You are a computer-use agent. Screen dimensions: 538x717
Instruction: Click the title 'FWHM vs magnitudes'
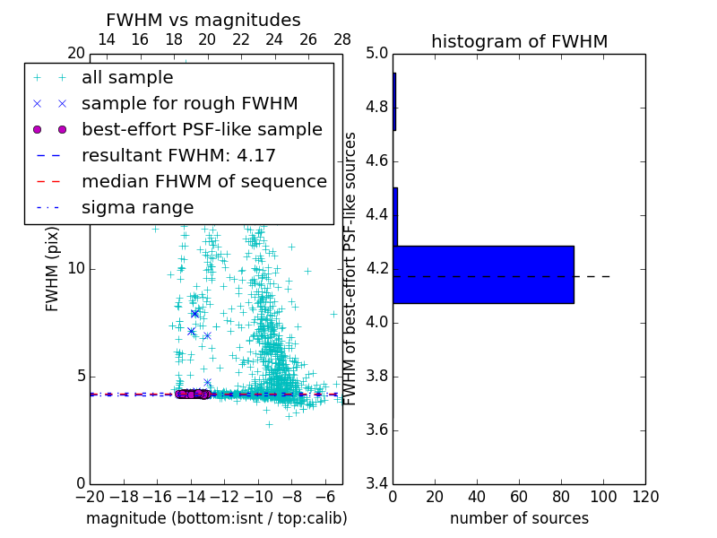click(x=203, y=20)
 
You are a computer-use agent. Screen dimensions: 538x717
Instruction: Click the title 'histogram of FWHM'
click(x=519, y=41)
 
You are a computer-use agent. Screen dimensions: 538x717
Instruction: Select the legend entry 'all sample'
click(x=127, y=78)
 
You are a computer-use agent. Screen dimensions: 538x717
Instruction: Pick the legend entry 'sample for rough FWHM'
click(x=189, y=103)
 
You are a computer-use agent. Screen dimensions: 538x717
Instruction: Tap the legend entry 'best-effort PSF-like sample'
click(x=202, y=129)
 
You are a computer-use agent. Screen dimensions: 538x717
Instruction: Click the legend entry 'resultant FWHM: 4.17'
click(x=178, y=155)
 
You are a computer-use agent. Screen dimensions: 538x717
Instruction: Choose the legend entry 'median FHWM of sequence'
click(x=203, y=181)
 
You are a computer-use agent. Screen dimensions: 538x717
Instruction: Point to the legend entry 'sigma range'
click(x=137, y=207)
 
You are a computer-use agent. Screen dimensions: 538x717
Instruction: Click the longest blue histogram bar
click(x=483, y=274)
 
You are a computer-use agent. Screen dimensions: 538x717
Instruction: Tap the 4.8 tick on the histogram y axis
click(x=377, y=108)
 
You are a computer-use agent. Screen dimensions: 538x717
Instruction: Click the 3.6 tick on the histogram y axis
click(x=377, y=430)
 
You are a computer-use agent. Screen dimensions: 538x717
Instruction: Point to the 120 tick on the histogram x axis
click(x=645, y=497)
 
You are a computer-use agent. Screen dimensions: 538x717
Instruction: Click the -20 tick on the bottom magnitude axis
click(x=90, y=497)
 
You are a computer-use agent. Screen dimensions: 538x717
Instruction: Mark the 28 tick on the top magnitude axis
click(x=342, y=39)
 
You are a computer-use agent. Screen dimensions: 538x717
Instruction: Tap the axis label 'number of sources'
click(x=519, y=518)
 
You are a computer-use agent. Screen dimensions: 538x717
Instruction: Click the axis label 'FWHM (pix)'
click(x=53, y=268)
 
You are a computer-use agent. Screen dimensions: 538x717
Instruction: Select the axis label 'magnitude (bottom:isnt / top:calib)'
click(x=216, y=518)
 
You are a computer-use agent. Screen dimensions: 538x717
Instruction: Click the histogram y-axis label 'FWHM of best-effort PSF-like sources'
click(x=351, y=268)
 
